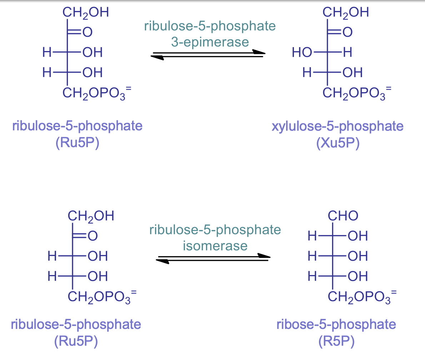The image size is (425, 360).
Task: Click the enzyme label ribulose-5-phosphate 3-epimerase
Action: [x=210, y=34]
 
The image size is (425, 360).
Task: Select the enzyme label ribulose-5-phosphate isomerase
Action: [x=215, y=237]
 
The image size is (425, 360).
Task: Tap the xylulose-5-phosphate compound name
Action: [x=337, y=126]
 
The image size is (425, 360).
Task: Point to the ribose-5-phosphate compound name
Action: [x=336, y=325]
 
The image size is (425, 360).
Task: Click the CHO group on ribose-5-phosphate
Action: [x=343, y=216]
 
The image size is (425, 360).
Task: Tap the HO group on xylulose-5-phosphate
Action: [x=302, y=53]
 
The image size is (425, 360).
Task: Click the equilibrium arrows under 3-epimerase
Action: [x=208, y=55]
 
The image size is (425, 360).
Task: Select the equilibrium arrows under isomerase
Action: [x=213, y=258]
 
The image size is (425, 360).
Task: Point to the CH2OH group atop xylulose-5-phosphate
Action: [x=345, y=13]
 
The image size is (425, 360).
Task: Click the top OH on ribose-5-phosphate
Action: [x=357, y=236]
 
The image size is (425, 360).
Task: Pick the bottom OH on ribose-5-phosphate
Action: [x=357, y=276]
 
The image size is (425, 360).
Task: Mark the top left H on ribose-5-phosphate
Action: [x=312, y=236]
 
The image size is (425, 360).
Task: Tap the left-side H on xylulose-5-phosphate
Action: [x=307, y=73]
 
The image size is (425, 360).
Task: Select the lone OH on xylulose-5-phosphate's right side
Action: [x=352, y=73]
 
